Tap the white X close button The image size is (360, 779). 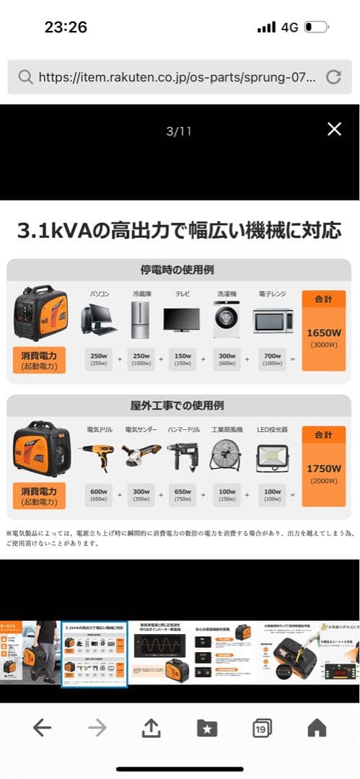(x=334, y=129)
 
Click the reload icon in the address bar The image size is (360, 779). (x=333, y=77)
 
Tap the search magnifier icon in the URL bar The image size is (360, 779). (x=25, y=77)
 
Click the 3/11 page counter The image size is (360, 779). (x=180, y=131)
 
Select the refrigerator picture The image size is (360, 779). (x=140, y=320)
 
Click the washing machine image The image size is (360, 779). (x=226, y=320)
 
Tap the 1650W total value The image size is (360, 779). (x=324, y=333)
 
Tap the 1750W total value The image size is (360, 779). (x=324, y=468)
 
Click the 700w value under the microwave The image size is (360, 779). (x=273, y=356)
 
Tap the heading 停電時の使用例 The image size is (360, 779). (x=180, y=270)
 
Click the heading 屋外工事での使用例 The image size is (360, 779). (x=180, y=405)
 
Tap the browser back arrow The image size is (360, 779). (x=42, y=729)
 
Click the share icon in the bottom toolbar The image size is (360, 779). (x=150, y=729)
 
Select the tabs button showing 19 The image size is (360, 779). (x=262, y=729)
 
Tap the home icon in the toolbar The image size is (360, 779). (x=317, y=729)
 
